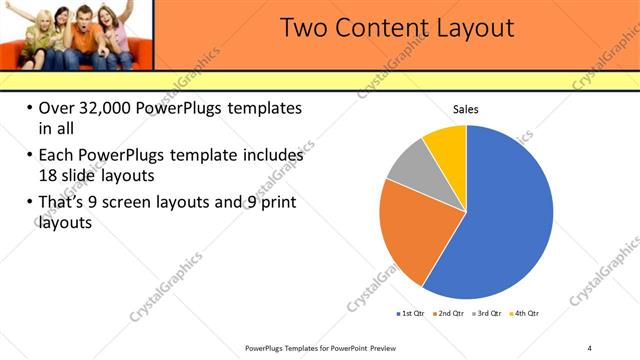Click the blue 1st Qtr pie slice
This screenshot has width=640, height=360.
pos(505,220)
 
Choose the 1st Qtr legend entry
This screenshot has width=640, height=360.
pos(410,314)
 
